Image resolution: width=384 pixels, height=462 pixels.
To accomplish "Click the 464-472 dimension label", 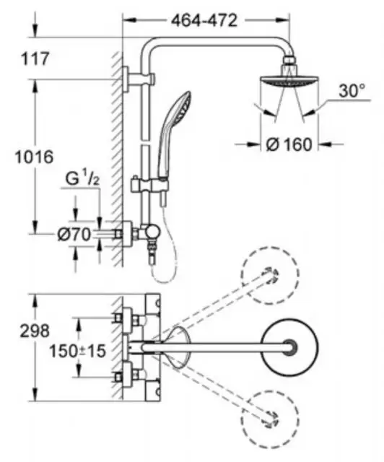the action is coord(204,21).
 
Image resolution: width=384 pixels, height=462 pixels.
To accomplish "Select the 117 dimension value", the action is coord(35,58).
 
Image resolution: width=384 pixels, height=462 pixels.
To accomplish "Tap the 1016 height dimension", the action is coord(35,157).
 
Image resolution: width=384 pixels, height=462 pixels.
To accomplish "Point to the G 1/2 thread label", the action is coord(82,180).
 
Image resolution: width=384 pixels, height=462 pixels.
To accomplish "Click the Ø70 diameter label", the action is coord(74,235).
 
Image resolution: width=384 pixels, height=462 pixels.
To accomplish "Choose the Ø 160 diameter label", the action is coord(289,144).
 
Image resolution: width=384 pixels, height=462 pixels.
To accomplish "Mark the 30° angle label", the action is coord(352,91).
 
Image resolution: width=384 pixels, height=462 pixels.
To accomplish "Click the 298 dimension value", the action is coord(35,331).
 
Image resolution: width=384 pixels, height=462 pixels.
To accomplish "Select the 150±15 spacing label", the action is coord(77,351).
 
